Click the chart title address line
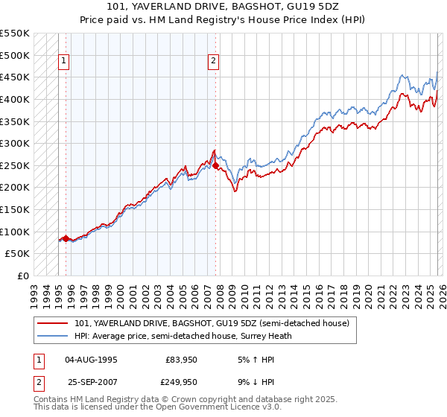pos(223,7)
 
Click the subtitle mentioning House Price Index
pos(223,21)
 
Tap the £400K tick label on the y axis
pos(15,99)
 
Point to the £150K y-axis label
pos(15,188)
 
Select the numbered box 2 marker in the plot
pos(214,62)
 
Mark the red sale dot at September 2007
pos(215,166)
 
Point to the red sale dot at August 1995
pos(66,239)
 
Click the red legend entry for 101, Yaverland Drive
pos(216,323)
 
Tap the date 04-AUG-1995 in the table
pos(91,359)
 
